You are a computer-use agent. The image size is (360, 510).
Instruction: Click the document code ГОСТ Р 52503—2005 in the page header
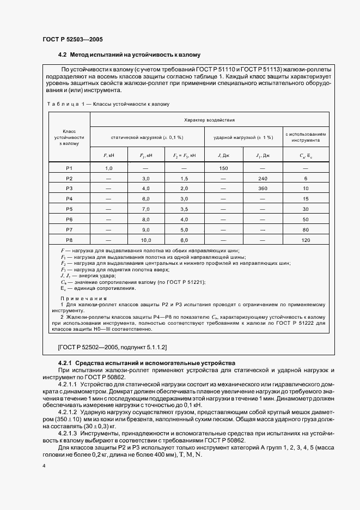tap(72, 40)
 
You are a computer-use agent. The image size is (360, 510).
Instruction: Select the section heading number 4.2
tap(62, 55)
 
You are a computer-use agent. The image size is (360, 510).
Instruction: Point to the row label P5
tap(69, 209)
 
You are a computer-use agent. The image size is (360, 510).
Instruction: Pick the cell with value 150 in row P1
tap(223, 168)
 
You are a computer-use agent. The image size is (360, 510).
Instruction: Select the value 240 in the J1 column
tap(263, 178)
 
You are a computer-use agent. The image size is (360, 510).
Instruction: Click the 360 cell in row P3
tap(263, 189)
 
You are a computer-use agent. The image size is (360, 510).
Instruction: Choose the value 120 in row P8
tap(306, 239)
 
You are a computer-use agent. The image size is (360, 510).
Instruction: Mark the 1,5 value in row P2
tap(184, 178)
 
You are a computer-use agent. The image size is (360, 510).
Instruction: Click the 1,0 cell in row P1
tap(108, 168)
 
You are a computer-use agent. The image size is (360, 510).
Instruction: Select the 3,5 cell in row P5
tap(184, 209)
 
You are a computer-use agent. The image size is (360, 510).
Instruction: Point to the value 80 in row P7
tap(306, 229)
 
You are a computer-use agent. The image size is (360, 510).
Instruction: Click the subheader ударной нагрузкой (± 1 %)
tap(242, 137)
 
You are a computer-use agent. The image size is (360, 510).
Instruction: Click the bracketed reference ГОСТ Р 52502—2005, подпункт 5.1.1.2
tap(113, 347)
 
